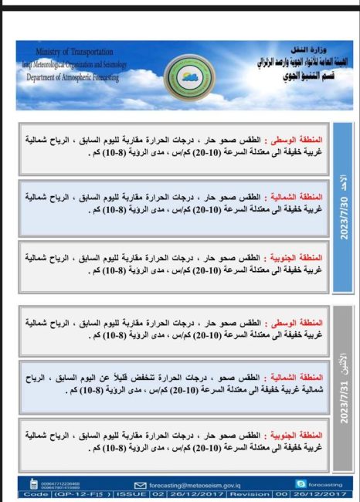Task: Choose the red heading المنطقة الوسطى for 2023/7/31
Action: tap(297, 324)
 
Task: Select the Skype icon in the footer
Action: tap(299, 483)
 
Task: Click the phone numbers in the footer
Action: tap(57, 484)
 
